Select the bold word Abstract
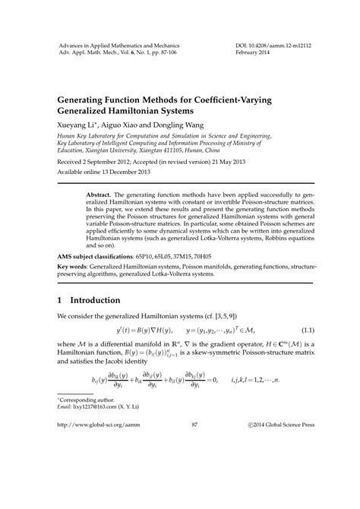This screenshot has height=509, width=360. tap(102, 194)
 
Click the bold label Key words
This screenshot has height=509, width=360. tap(73, 268)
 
